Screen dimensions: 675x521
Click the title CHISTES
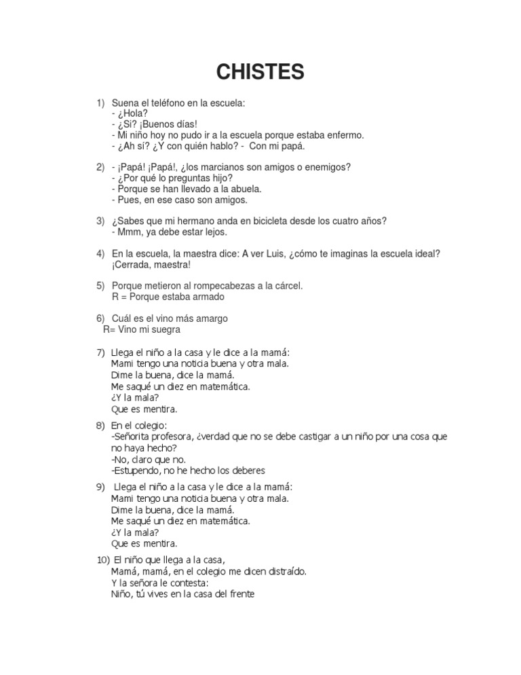pos(260,71)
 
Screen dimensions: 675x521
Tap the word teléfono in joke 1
pos(177,103)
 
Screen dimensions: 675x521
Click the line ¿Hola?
pos(132,113)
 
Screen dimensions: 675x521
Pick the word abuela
pos(246,189)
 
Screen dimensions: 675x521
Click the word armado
pos(209,297)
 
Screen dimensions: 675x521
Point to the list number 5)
pos(100,286)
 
